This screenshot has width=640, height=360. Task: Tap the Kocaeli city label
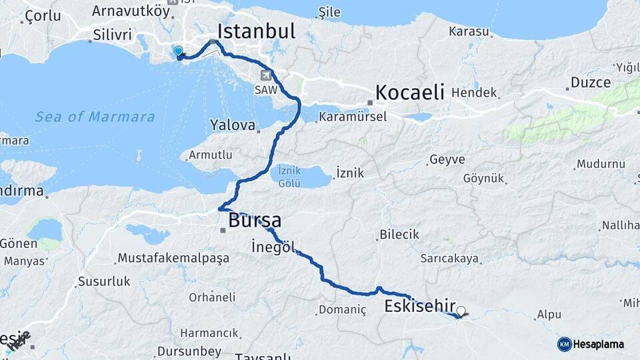[x=409, y=92]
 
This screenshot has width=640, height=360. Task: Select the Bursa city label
[x=254, y=220]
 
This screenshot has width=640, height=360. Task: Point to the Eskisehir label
[x=420, y=306]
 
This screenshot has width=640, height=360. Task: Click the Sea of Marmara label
[x=95, y=117]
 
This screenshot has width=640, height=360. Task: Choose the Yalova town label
[x=233, y=125]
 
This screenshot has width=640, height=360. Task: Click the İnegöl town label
[x=273, y=246]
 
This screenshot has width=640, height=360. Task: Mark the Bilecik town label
[x=399, y=234]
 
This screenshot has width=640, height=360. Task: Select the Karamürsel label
[x=353, y=117]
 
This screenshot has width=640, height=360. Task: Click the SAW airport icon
[x=267, y=75]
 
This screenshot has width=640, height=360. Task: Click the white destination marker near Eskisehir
[x=461, y=310]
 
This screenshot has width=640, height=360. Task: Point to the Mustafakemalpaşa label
[x=173, y=257]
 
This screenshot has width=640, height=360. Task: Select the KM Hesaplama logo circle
[x=565, y=344]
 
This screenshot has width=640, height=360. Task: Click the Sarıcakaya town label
[x=450, y=258]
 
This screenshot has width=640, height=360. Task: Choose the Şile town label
[x=329, y=12]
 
